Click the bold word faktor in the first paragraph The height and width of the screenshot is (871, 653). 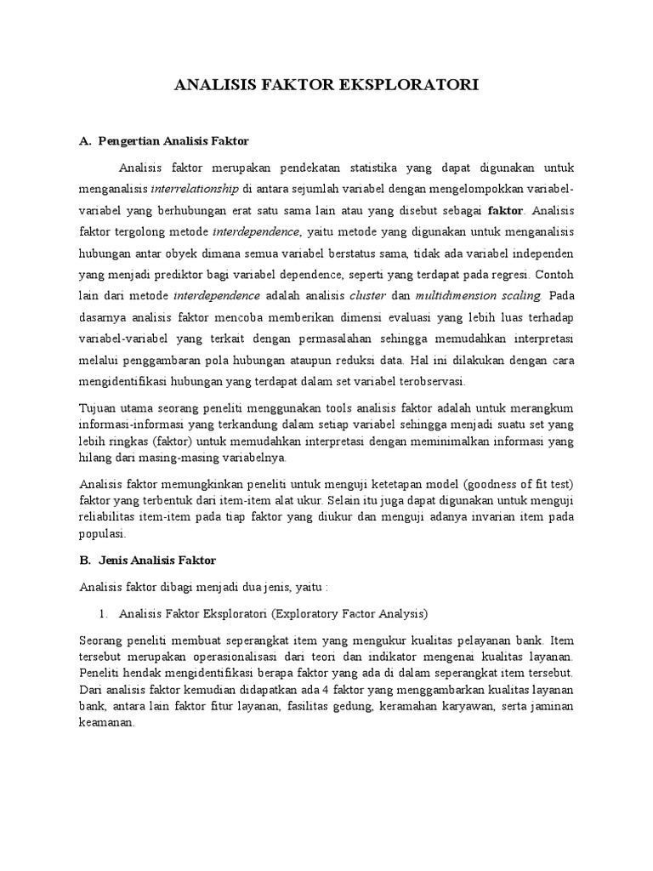click(x=506, y=209)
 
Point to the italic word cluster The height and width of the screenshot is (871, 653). click(x=368, y=297)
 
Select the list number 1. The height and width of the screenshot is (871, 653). click(x=104, y=613)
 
